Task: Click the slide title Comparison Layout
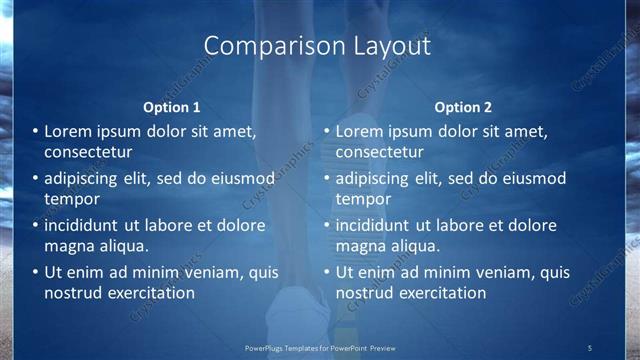click(x=317, y=46)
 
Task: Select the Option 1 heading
click(x=172, y=107)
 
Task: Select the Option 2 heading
click(x=463, y=107)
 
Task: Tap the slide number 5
click(x=589, y=347)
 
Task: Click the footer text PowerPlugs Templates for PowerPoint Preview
click(x=320, y=347)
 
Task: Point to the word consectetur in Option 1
click(x=89, y=152)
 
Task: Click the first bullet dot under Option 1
click(x=35, y=132)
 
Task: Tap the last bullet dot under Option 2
click(x=326, y=272)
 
